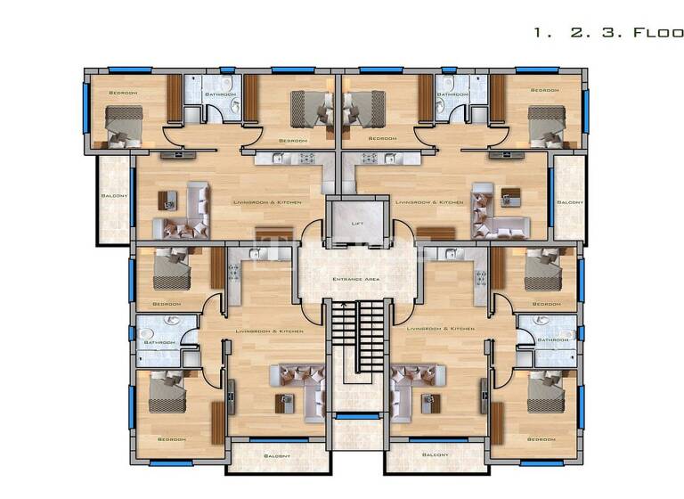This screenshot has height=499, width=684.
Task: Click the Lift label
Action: [x=357, y=223]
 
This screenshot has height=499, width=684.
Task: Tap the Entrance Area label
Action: [x=357, y=280]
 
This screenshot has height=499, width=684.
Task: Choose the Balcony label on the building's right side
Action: [x=570, y=202]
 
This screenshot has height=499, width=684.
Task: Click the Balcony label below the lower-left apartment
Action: [x=276, y=455]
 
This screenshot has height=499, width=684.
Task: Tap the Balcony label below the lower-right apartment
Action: [x=436, y=455]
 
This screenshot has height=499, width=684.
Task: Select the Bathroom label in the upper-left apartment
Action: [x=220, y=94]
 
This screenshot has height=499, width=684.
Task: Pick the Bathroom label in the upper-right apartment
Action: [x=452, y=94]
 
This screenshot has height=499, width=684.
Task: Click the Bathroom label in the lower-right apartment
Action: [x=553, y=339]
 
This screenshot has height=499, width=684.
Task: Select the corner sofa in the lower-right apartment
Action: [x=411, y=389]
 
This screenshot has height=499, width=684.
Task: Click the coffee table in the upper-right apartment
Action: [x=509, y=195]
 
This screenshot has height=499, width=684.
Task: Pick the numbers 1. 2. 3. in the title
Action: [x=570, y=32]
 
